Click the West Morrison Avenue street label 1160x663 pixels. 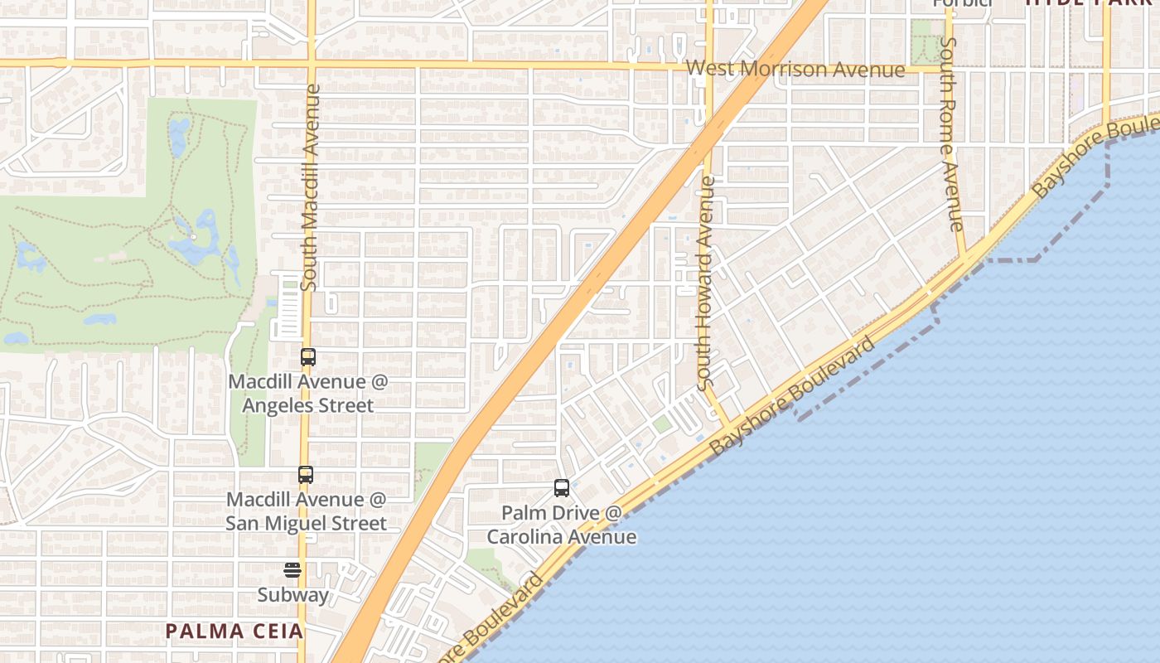coord(795,69)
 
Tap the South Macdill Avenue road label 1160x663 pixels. coord(311,186)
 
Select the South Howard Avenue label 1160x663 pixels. coord(705,283)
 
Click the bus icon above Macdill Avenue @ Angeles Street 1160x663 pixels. coord(307,358)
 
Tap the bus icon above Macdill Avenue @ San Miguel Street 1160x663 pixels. coord(306,475)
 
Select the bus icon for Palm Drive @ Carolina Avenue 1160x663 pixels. coord(562,488)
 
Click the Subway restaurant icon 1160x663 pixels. coord(292,570)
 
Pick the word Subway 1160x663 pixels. coord(292,595)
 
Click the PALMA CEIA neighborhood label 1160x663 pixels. coord(234,632)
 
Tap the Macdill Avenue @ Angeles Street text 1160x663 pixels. coord(307,394)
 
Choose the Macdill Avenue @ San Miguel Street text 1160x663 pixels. coord(307,511)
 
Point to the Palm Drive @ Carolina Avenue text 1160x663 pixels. coord(562,525)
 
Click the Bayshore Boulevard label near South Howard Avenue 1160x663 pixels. coord(793,394)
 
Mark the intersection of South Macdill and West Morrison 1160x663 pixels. coord(312,63)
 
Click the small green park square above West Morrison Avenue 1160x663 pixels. coord(921,30)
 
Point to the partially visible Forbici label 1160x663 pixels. coord(962,3)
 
